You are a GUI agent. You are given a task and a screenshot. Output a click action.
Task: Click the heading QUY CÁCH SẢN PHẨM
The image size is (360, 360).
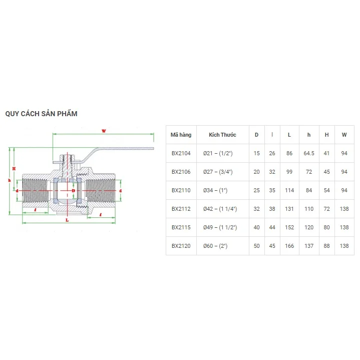(x=41, y=114)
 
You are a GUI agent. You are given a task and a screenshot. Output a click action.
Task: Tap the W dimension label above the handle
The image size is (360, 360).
(x=104, y=131)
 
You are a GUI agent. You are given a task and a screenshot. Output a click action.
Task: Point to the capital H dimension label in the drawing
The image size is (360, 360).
(x=14, y=168)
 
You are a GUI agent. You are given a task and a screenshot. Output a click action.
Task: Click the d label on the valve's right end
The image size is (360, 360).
(x=122, y=191)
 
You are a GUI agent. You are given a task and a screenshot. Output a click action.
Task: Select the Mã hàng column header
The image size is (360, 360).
(x=181, y=135)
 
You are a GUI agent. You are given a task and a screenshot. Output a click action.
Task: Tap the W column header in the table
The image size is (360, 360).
(x=344, y=135)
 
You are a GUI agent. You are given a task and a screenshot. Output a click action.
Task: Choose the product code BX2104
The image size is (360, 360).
(x=181, y=153)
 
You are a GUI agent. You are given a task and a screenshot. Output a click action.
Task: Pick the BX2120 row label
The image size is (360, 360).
(x=181, y=246)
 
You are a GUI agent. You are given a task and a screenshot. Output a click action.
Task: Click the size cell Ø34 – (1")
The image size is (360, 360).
(x=215, y=190)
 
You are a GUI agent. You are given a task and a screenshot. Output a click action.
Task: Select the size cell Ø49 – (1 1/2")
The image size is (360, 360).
(x=219, y=227)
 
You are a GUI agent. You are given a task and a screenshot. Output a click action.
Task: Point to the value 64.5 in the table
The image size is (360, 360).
(x=308, y=153)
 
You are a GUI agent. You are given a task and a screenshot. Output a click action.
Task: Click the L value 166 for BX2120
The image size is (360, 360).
(x=289, y=246)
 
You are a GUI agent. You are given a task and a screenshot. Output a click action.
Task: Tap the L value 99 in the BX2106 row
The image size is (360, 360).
(x=289, y=172)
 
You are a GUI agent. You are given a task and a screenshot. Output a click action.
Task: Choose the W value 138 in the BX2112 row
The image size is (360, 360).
(x=344, y=209)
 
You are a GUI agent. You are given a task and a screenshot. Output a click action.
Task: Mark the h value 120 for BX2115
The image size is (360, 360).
(x=308, y=227)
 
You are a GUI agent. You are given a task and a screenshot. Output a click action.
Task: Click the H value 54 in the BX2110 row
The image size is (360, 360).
(x=326, y=190)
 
